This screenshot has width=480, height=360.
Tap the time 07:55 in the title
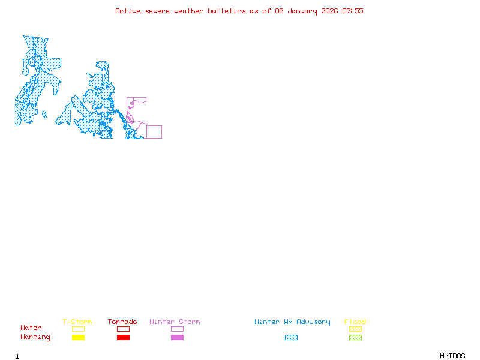point(353,11)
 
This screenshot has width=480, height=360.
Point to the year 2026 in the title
point(330,11)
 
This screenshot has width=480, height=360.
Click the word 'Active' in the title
point(128,11)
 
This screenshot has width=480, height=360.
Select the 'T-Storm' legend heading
point(77,322)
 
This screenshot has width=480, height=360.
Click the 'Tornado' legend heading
point(122,322)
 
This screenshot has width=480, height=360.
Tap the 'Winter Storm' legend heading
point(175,322)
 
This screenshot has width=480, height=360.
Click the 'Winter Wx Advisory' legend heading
point(292,322)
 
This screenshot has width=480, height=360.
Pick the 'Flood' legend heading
point(355,322)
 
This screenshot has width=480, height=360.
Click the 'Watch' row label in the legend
point(31,328)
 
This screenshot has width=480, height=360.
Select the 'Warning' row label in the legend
point(35,337)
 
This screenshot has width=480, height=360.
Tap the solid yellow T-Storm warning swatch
point(78,338)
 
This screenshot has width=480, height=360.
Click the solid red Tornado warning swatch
point(123,338)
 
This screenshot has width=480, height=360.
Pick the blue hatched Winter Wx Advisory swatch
point(291,338)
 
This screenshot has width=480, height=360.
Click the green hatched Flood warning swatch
point(355,338)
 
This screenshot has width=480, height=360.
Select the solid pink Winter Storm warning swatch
point(177,338)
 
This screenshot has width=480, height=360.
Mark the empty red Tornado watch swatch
point(123,329)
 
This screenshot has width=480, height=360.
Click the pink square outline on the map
point(154,132)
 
